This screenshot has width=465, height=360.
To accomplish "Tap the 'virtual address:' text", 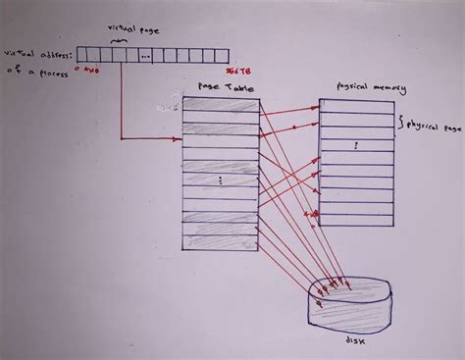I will [x=39, y=55].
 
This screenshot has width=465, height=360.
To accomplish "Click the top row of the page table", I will [x=220, y=107].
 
